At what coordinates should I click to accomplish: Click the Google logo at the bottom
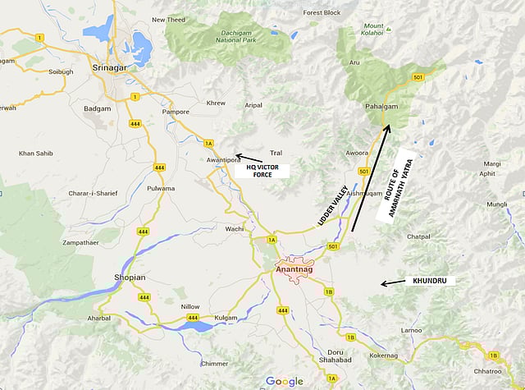[284, 381]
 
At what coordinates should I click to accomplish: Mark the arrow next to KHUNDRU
[391, 282]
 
